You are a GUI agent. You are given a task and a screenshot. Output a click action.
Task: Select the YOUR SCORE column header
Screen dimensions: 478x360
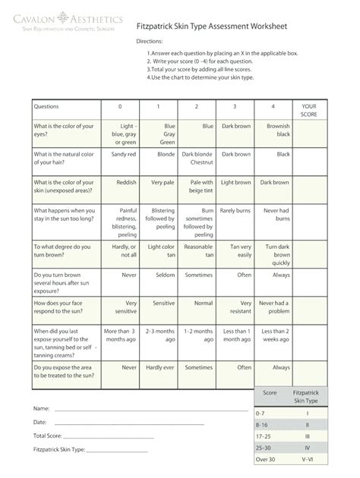(x=308, y=111)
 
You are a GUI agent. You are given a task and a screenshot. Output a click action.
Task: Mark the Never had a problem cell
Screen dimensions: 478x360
(x=274, y=307)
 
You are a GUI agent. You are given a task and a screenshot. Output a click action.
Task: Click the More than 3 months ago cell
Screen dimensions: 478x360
(x=120, y=335)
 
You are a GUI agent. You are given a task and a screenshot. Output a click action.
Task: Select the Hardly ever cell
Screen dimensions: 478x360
(x=161, y=367)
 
